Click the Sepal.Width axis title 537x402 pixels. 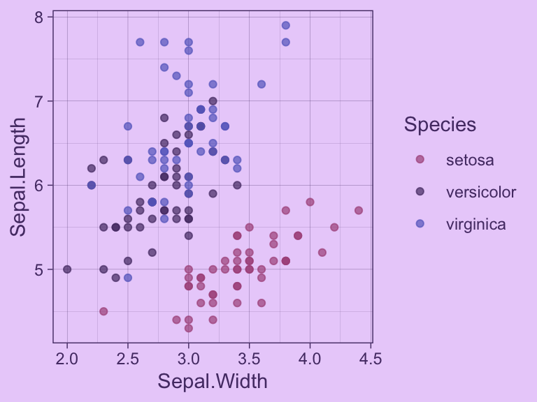coord(213,382)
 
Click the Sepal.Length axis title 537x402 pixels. coord(19,177)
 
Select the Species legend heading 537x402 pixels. coord(440,125)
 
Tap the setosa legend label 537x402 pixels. coord(470,160)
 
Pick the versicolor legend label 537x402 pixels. coord(481,192)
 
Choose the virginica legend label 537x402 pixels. coord(475,224)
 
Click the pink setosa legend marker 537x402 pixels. coord(420,159)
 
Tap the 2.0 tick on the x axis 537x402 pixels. coord(67,359)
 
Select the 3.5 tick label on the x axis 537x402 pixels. coord(249,359)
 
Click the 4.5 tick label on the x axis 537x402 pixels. coord(371,359)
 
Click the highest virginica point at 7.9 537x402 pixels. coord(285,26)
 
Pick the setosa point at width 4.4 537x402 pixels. coord(358,210)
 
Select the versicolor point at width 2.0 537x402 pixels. coord(67,269)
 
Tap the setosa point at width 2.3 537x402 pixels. coord(103,311)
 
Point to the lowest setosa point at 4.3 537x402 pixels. coord(188,328)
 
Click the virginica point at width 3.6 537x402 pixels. coord(262,84)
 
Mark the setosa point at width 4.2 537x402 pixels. coord(334,227)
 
